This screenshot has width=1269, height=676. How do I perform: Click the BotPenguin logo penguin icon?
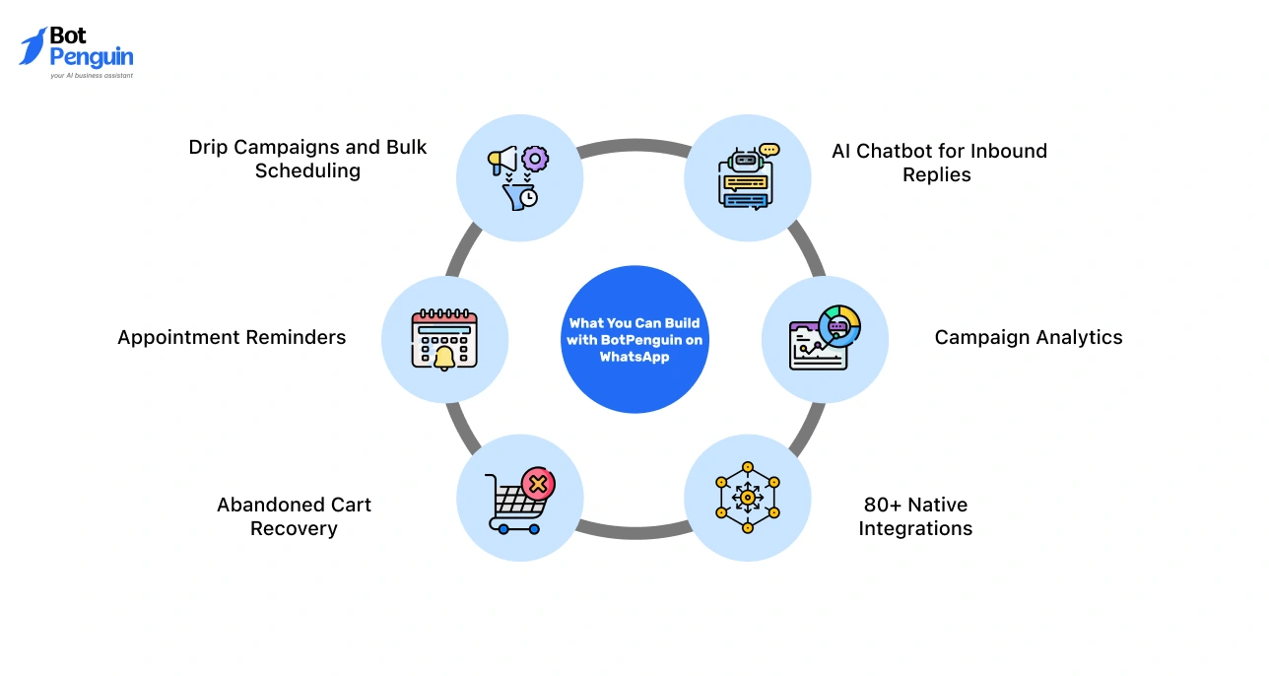33,45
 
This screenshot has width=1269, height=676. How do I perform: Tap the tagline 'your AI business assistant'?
91,75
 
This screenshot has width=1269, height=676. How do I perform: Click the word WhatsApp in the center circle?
634,357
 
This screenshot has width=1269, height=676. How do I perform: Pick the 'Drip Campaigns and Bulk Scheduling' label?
307,159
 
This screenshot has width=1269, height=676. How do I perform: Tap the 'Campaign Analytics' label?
1028,337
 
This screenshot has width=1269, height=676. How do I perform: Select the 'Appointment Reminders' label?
232,337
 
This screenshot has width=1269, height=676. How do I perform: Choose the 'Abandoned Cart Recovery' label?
294,516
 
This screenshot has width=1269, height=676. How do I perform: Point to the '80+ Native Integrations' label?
915,516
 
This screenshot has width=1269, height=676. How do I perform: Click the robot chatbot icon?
747,177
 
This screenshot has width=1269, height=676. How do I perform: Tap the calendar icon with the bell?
444,339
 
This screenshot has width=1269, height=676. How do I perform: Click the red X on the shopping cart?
538,484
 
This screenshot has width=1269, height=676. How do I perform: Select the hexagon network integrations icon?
747,498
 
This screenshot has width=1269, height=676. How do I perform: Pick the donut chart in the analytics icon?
839,324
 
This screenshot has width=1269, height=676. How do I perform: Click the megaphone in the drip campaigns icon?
503,159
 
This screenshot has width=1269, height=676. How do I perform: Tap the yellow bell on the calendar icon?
444,357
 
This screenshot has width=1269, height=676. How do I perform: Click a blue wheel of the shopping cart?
503,529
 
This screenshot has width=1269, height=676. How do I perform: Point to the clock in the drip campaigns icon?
529,197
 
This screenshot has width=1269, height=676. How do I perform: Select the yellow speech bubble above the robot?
768,150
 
